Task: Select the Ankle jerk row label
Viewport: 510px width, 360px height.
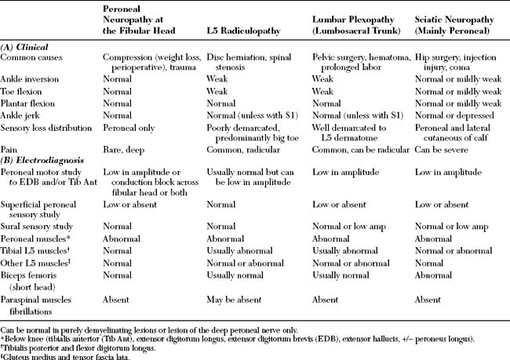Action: [24, 115]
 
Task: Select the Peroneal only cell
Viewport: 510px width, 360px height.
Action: [129, 126]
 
